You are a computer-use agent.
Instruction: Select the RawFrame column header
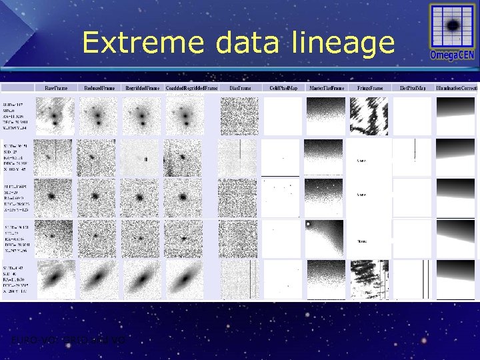tap(55, 87)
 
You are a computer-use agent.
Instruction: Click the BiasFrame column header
tap(240, 87)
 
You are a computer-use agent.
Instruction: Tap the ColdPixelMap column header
tap(283, 87)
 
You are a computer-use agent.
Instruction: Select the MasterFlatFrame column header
tap(326, 87)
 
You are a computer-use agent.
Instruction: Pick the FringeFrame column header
tap(369, 87)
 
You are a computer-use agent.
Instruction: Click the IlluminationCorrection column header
tap(457, 87)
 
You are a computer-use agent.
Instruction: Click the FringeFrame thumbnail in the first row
tap(370, 117)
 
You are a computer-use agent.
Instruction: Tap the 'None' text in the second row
tap(361, 160)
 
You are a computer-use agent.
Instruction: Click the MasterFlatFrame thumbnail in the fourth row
tap(325, 239)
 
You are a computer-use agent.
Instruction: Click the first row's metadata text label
tap(18, 116)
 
